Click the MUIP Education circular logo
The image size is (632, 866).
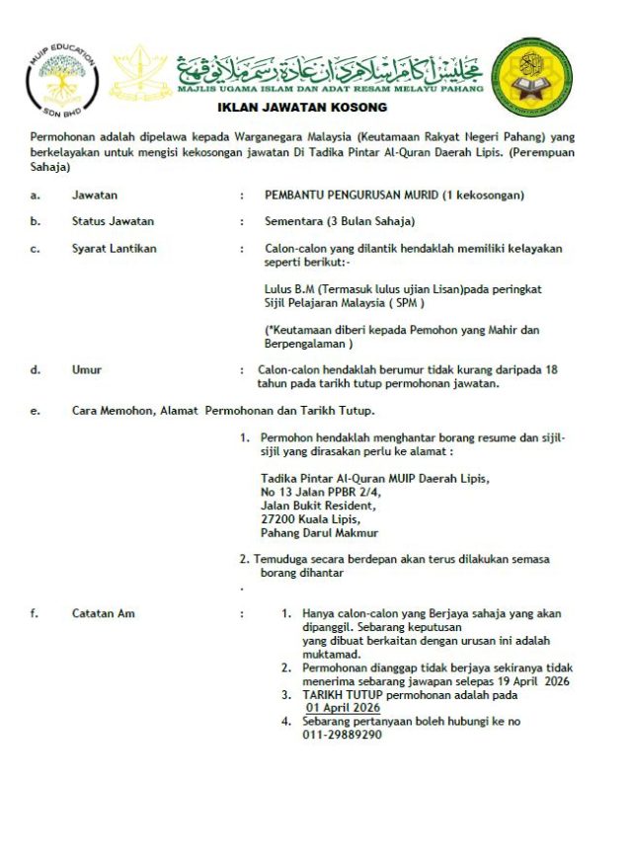tap(60, 79)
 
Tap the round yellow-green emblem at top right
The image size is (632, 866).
tap(531, 78)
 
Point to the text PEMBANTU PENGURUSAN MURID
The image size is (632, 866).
tap(352, 196)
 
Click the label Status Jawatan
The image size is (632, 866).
tap(113, 221)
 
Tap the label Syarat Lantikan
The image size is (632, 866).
tap(115, 248)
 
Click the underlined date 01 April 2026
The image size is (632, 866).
tap(343, 708)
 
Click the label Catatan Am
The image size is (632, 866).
tap(104, 613)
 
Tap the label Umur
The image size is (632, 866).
tap(87, 369)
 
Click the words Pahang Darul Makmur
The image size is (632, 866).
tap(319, 533)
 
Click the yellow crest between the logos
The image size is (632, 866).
tap(138, 77)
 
